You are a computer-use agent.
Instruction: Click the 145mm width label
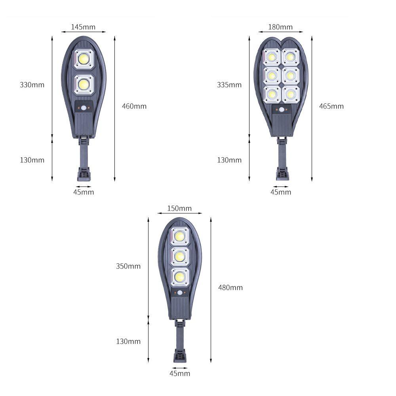point(83,27)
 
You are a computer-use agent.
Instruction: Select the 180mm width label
point(280,27)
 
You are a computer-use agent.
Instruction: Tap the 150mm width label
point(179,208)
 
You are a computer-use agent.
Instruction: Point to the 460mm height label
point(134,106)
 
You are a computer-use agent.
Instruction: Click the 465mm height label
point(331,106)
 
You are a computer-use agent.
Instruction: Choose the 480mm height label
point(230,287)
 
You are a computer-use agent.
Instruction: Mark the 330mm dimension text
point(32,85)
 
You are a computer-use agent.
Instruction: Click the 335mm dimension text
point(229,85)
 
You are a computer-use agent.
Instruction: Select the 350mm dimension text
point(128,266)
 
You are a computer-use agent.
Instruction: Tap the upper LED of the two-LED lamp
point(84,59)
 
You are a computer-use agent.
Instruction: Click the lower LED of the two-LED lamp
point(84,84)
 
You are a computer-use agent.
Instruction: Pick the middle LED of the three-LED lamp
point(180,256)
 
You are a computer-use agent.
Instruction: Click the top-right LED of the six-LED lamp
point(290,57)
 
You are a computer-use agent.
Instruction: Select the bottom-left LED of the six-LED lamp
point(272,94)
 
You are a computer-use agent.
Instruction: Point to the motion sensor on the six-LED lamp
point(282,110)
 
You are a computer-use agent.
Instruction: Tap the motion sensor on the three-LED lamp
point(180,293)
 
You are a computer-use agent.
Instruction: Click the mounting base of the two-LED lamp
point(84,174)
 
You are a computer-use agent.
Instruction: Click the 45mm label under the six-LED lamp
point(280,192)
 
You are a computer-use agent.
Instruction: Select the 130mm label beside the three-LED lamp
point(128,341)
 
